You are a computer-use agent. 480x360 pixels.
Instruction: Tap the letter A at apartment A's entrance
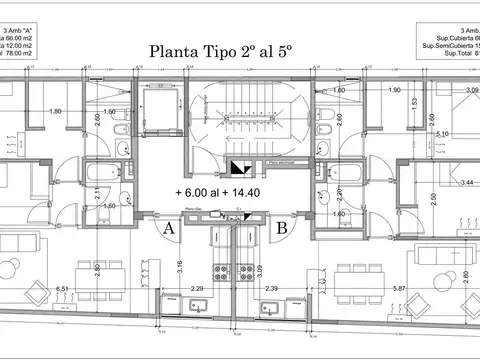(x=169, y=228)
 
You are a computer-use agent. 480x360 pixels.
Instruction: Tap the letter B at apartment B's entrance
(x=283, y=228)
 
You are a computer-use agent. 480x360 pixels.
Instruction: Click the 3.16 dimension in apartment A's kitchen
(x=179, y=265)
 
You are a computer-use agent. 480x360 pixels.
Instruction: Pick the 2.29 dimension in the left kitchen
(x=197, y=289)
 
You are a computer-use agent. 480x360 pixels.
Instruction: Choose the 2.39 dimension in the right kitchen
(x=271, y=289)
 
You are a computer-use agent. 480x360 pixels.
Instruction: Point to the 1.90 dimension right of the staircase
(x=397, y=91)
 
